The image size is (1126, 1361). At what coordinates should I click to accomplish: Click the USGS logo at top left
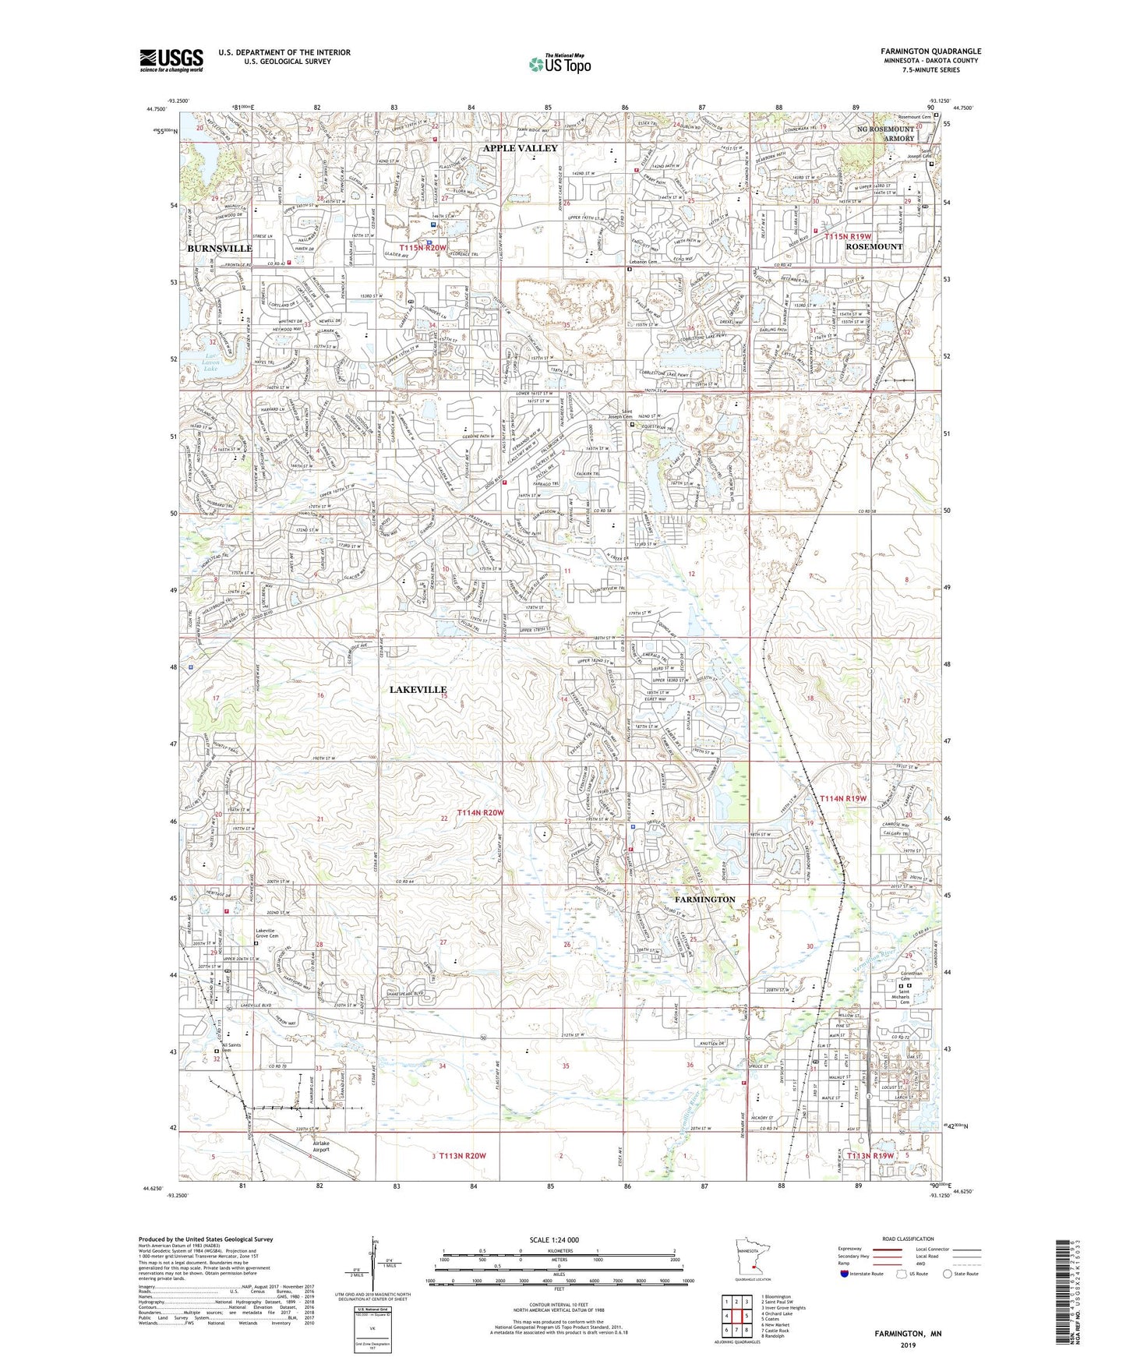[x=171, y=60]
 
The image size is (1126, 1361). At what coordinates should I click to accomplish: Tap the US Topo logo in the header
[x=559, y=64]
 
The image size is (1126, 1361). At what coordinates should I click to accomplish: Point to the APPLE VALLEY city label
[x=520, y=148]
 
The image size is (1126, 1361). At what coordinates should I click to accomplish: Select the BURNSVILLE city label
[x=219, y=248]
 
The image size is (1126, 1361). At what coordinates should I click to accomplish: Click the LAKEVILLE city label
[x=418, y=689]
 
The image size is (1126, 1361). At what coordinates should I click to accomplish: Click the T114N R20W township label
[x=480, y=813]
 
